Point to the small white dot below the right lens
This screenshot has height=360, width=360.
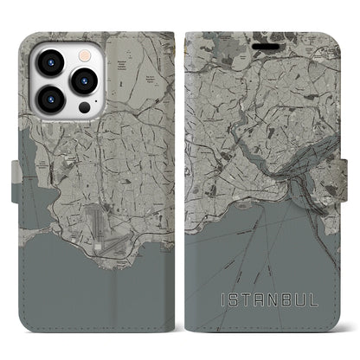point(84,106)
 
